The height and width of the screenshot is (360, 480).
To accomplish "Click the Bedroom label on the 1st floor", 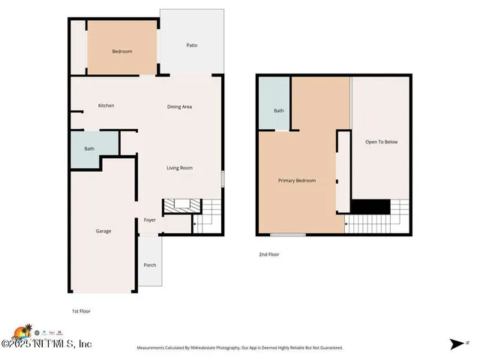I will [122, 51].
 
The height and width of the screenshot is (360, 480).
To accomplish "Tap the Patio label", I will [192, 46].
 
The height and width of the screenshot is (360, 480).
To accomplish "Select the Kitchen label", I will [106, 106].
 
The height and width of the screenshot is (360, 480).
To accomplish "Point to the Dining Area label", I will [179, 106].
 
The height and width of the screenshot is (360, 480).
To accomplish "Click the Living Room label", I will [179, 168].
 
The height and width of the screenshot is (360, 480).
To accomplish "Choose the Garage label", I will [103, 231].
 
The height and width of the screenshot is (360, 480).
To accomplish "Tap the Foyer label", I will [149, 220].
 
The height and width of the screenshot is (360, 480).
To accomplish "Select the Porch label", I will [149, 265].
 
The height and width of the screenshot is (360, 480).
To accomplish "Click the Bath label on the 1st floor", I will [89, 148].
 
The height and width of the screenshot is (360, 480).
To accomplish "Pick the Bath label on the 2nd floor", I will [278, 111].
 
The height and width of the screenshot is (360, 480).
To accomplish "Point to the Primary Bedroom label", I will [297, 181].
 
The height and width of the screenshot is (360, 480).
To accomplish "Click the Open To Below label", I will [381, 142].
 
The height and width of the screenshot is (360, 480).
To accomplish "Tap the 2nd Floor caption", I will [269, 255].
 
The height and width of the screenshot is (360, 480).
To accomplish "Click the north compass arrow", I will [458, 344].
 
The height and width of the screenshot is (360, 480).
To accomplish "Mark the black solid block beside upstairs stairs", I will [371, 206].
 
